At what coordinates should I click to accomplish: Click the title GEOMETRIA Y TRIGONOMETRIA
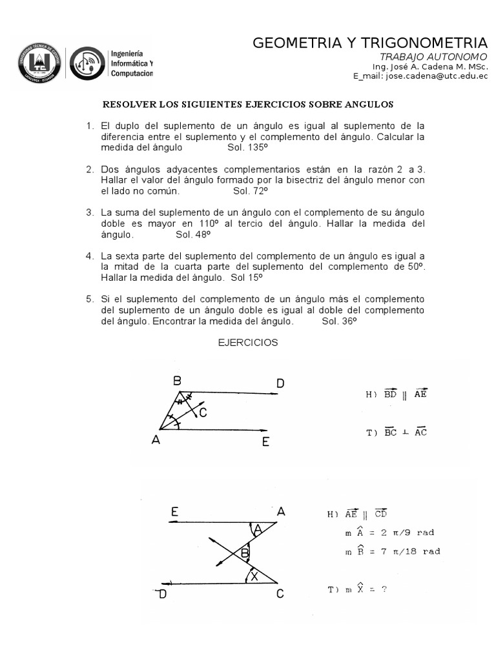(369, 43)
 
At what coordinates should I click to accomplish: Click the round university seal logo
(39, 63)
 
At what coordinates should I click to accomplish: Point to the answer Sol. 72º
(250, 191)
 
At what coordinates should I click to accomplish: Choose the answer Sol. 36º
(339, 321)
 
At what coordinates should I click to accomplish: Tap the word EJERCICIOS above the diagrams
(248, 343)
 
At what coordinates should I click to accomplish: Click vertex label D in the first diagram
(280, 384)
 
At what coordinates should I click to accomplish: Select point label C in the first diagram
(203, 413)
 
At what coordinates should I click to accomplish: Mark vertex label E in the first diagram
(265, 442)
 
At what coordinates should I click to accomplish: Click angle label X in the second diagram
(254, 577)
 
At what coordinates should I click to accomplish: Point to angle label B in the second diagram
(245, 553)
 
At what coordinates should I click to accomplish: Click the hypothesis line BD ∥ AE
(397, 392)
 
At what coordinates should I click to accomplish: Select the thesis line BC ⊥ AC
(397, 432)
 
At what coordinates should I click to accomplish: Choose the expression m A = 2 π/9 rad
(390, 533)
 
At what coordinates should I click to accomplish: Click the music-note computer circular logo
(87, 63)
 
